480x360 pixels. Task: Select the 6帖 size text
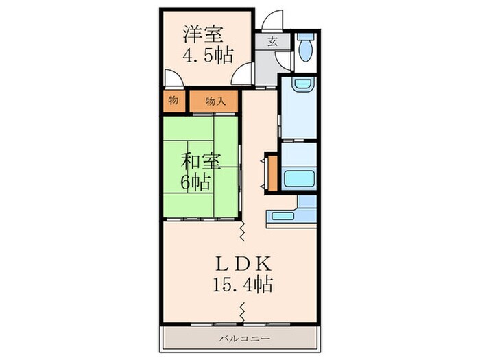pos(195,182)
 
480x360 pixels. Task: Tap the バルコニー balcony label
pos(239,338)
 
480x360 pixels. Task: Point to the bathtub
pos(298,180)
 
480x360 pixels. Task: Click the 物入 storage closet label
pos(215,101)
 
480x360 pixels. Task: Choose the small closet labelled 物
pos(173,101)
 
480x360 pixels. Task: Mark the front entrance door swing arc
pos(272,20)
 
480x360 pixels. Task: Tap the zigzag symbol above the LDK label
pos(243,232)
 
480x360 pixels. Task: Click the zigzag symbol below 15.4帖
pos(243,313)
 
